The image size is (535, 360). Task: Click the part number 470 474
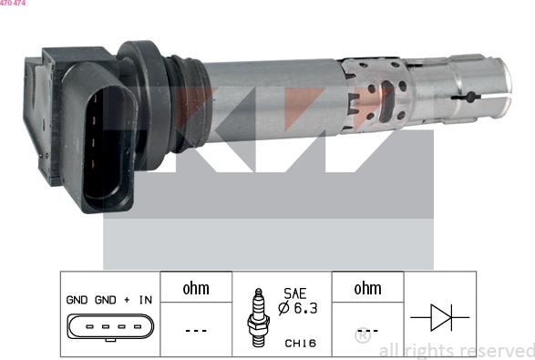[13, 4]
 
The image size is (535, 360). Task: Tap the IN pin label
[144, 299]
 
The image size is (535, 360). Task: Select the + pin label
[125, 299]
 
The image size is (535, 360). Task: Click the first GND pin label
[77, 299]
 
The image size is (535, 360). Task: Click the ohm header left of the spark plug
[196, 288]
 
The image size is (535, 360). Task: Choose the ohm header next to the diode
[367, 288]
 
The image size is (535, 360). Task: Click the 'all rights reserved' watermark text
[456, 350]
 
